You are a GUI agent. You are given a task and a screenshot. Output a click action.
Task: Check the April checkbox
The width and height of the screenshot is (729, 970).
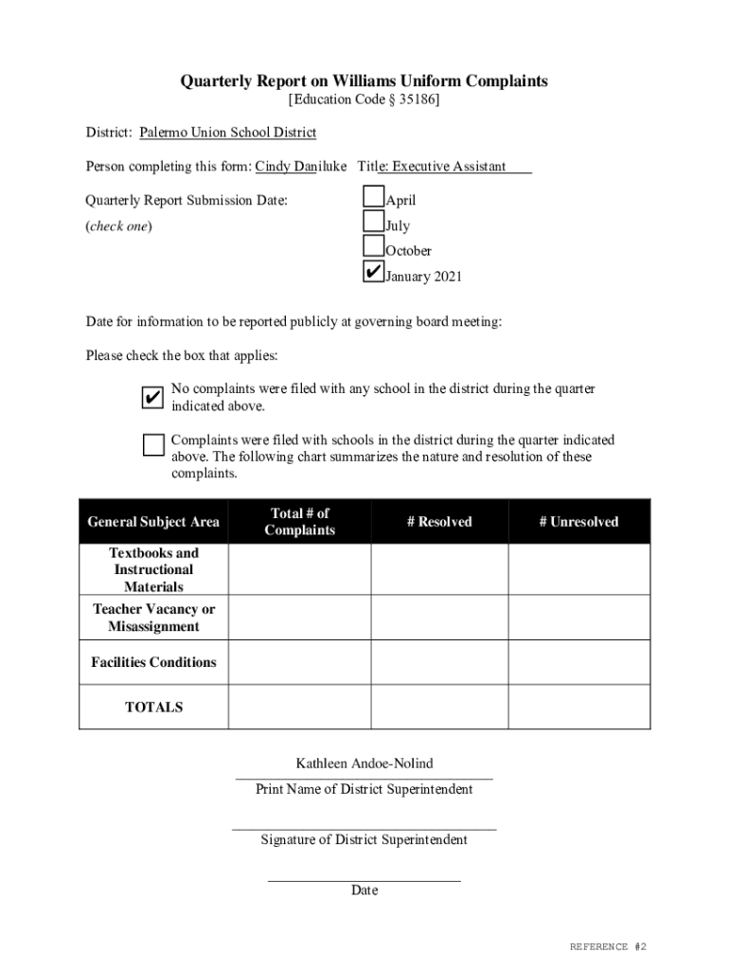(x=374, y=198)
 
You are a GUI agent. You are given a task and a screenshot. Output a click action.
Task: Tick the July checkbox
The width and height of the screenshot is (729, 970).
(x=374, y=223)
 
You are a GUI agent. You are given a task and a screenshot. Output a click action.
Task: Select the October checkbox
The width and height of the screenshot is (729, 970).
(x=374, y=246)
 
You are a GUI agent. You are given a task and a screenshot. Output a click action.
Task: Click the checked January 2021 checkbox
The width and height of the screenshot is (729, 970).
(x=374, y=272)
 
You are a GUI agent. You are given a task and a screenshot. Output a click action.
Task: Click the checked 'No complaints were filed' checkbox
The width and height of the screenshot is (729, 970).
(x=152, y=398)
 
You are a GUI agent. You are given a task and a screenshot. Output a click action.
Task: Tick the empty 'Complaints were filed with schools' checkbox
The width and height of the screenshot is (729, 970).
(x=152, y=444)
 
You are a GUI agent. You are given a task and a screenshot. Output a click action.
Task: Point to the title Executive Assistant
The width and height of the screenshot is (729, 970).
(x=449, y=167)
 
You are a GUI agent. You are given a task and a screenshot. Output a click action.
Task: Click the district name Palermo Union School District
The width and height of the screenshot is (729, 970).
(x=227, y=133)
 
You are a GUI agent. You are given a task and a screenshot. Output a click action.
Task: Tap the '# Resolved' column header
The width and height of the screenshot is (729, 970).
(x=439, y=522)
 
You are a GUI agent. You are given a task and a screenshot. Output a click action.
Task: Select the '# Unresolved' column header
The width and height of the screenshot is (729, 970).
(x=578, y=522)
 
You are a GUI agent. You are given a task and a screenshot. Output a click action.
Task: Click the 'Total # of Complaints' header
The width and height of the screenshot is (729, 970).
(x=299, y=522)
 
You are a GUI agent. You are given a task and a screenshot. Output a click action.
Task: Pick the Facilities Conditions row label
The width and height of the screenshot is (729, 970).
(x=153, y=662)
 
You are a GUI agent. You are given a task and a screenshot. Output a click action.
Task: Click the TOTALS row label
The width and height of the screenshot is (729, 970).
(x=153, y=707)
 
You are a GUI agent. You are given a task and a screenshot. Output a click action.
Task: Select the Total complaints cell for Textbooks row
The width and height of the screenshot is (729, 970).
(x=299, y=569)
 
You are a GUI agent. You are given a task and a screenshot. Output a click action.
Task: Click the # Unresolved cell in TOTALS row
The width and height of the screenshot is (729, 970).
(x=578, y=707)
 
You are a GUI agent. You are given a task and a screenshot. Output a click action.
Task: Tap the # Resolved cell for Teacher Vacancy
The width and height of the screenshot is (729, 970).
(x=439, y=618)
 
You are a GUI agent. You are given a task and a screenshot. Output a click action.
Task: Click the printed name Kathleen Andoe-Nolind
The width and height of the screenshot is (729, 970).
(x=364, y=763)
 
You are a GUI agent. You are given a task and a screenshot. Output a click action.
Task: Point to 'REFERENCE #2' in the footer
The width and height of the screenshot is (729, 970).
(x=608, y=946)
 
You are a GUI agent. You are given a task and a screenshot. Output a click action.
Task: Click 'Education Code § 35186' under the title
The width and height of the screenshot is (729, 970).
(x=364, y=99)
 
